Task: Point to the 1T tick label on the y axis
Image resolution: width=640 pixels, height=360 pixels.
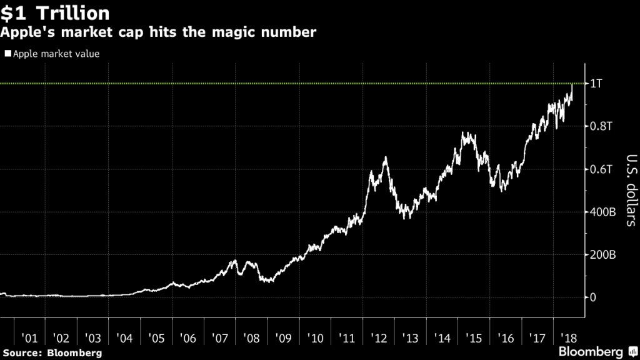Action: [597, 84]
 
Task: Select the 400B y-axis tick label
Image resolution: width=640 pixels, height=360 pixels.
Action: [603, 212]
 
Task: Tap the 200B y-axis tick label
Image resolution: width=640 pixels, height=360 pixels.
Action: [603, 255]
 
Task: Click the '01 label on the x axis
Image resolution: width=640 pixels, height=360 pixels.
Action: [29, 338]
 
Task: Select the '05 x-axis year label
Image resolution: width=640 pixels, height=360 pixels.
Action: [157, 338]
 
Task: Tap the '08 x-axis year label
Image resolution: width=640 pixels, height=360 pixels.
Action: [252, 338]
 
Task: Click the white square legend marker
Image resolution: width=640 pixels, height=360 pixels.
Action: [7, 54]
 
